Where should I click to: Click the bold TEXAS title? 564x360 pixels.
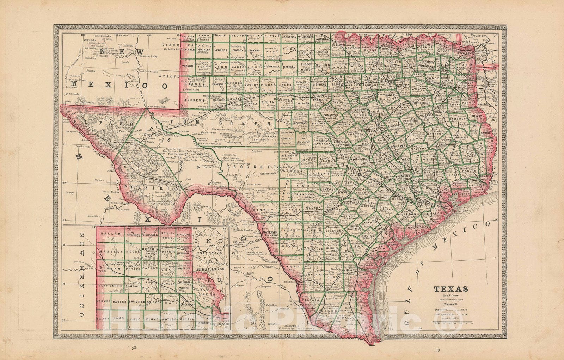[451, 289]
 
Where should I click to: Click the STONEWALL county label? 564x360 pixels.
[271, 66]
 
